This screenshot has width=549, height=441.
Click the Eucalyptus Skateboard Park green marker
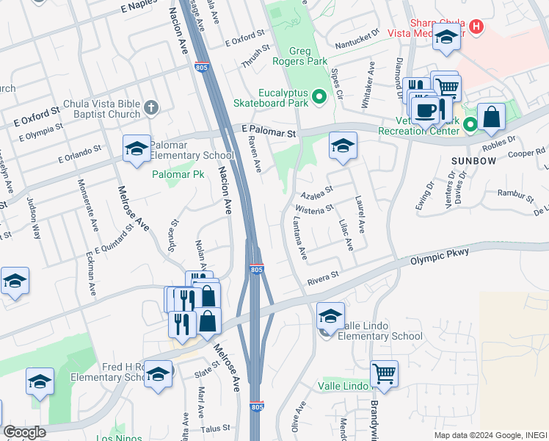tap(319, 96)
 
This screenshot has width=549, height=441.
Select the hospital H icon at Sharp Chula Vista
tap(477, 27)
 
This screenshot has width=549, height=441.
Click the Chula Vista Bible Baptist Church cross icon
tap(151, 108)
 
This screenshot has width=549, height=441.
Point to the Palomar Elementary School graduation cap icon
tap(137, 148)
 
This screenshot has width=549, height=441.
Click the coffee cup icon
tap(425, 110)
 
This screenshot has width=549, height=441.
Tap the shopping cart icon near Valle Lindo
tap(384, 373)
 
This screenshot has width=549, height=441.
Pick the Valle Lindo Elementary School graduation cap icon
tap(330, 315)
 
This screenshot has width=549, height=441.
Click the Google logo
tap(25, 432)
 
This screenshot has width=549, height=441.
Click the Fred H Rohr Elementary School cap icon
tap(158, 373)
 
